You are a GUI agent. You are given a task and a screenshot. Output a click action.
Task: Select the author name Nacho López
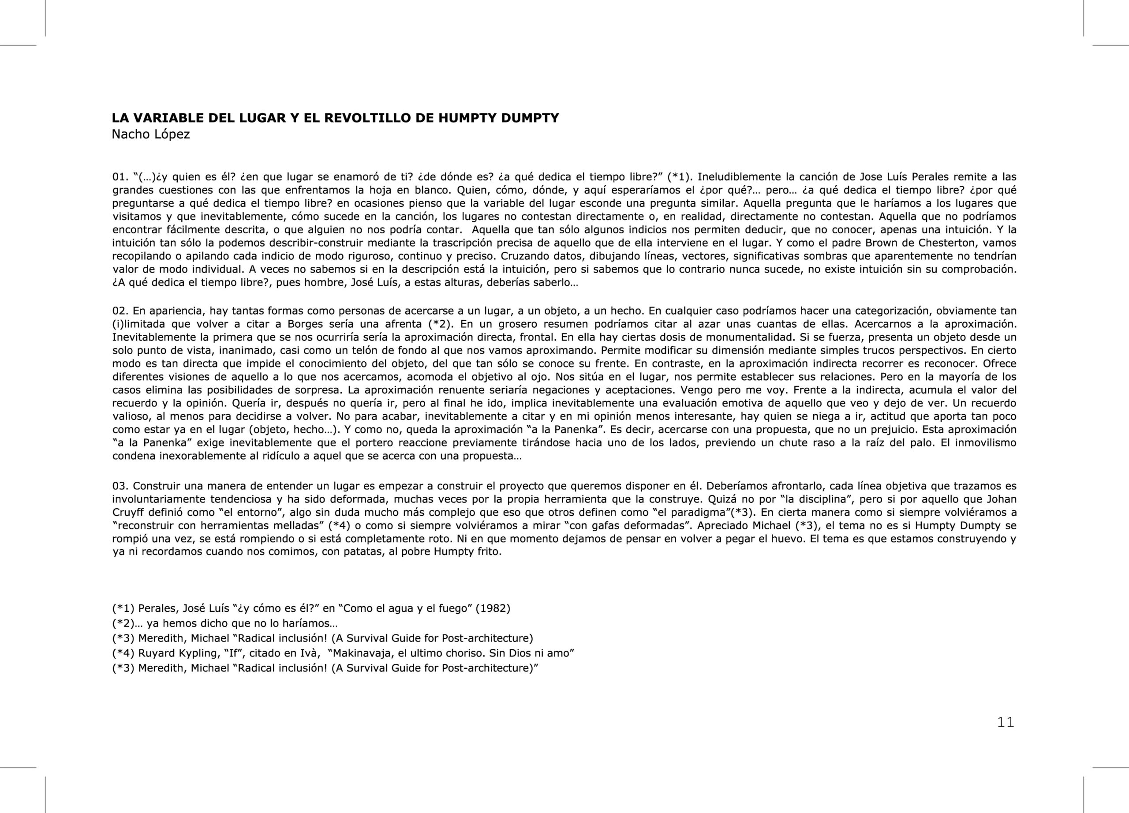tap(150, 135)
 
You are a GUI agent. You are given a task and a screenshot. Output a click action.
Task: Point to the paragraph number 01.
tap(120, 177)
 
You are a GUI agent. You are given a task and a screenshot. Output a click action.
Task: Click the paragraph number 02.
tap(120, 311)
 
